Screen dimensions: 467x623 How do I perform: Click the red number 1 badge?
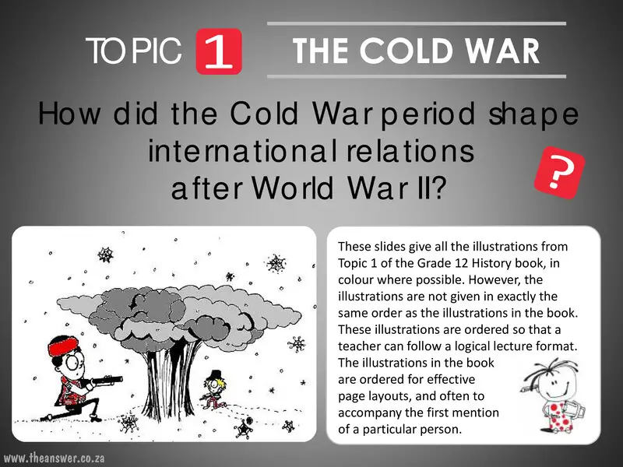[220, 52]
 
